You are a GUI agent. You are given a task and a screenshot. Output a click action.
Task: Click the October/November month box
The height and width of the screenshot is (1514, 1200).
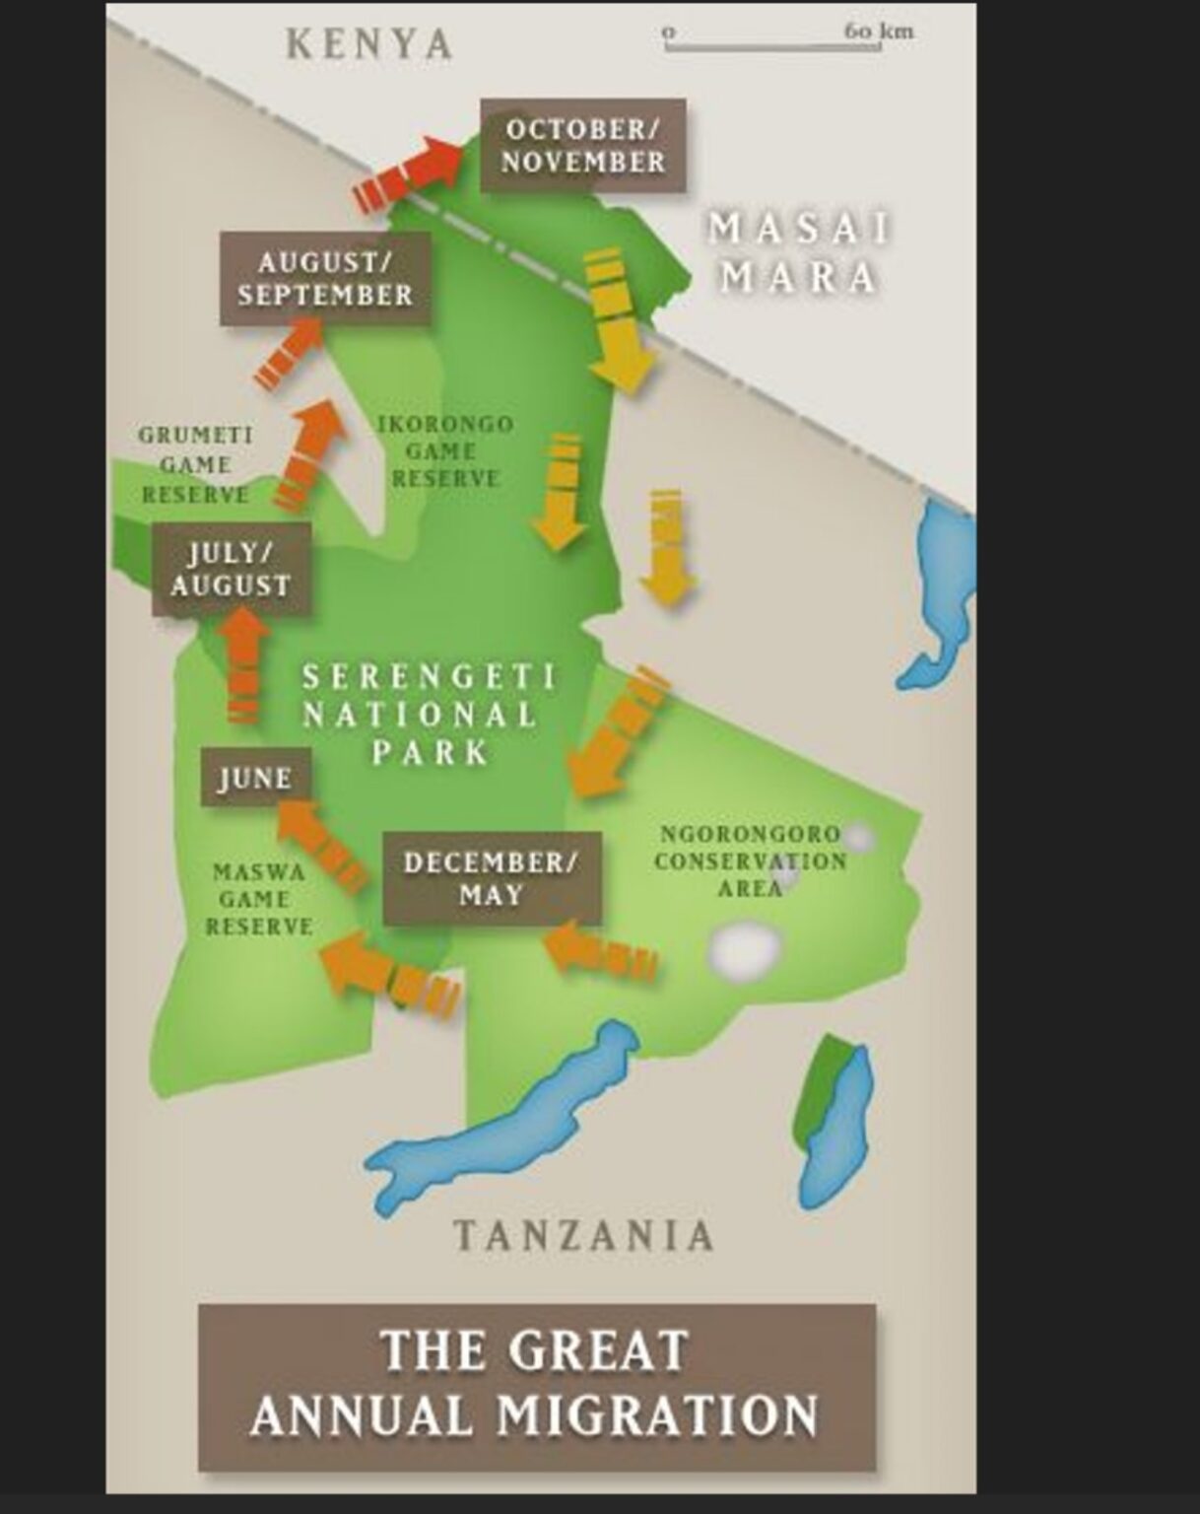pos(582,145)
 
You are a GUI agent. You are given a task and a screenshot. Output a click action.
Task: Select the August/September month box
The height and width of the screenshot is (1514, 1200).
pos(325,279)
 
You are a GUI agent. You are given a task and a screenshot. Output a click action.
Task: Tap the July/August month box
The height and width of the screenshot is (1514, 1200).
pos(231,570)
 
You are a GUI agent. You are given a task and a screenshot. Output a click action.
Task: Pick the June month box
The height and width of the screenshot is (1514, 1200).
pos(255,778)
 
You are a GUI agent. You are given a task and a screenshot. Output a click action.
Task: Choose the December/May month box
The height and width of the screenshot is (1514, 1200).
pos(491,878)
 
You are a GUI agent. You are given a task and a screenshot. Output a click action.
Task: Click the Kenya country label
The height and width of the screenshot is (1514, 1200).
pos(369,44)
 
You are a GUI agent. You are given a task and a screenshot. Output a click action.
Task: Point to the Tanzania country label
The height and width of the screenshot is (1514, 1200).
pos(583,1235)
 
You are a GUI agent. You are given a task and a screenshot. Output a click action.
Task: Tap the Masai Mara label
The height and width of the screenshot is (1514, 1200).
pos(799,253)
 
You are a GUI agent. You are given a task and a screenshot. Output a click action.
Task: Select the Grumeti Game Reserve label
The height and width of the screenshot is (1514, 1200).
pos(195,464)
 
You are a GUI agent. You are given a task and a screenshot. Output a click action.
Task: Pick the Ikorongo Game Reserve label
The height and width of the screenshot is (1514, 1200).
pos(445,451)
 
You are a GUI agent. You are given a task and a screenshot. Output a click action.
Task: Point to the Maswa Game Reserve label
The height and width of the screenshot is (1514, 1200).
pos(258,899)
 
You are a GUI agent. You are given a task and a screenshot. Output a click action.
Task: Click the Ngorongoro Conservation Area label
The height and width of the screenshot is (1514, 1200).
pos(750,860)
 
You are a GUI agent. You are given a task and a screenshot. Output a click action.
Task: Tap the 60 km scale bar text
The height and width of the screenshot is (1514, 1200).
pos(878,31)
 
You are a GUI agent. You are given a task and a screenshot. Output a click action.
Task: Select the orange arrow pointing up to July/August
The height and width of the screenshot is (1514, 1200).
pos(243,665)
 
